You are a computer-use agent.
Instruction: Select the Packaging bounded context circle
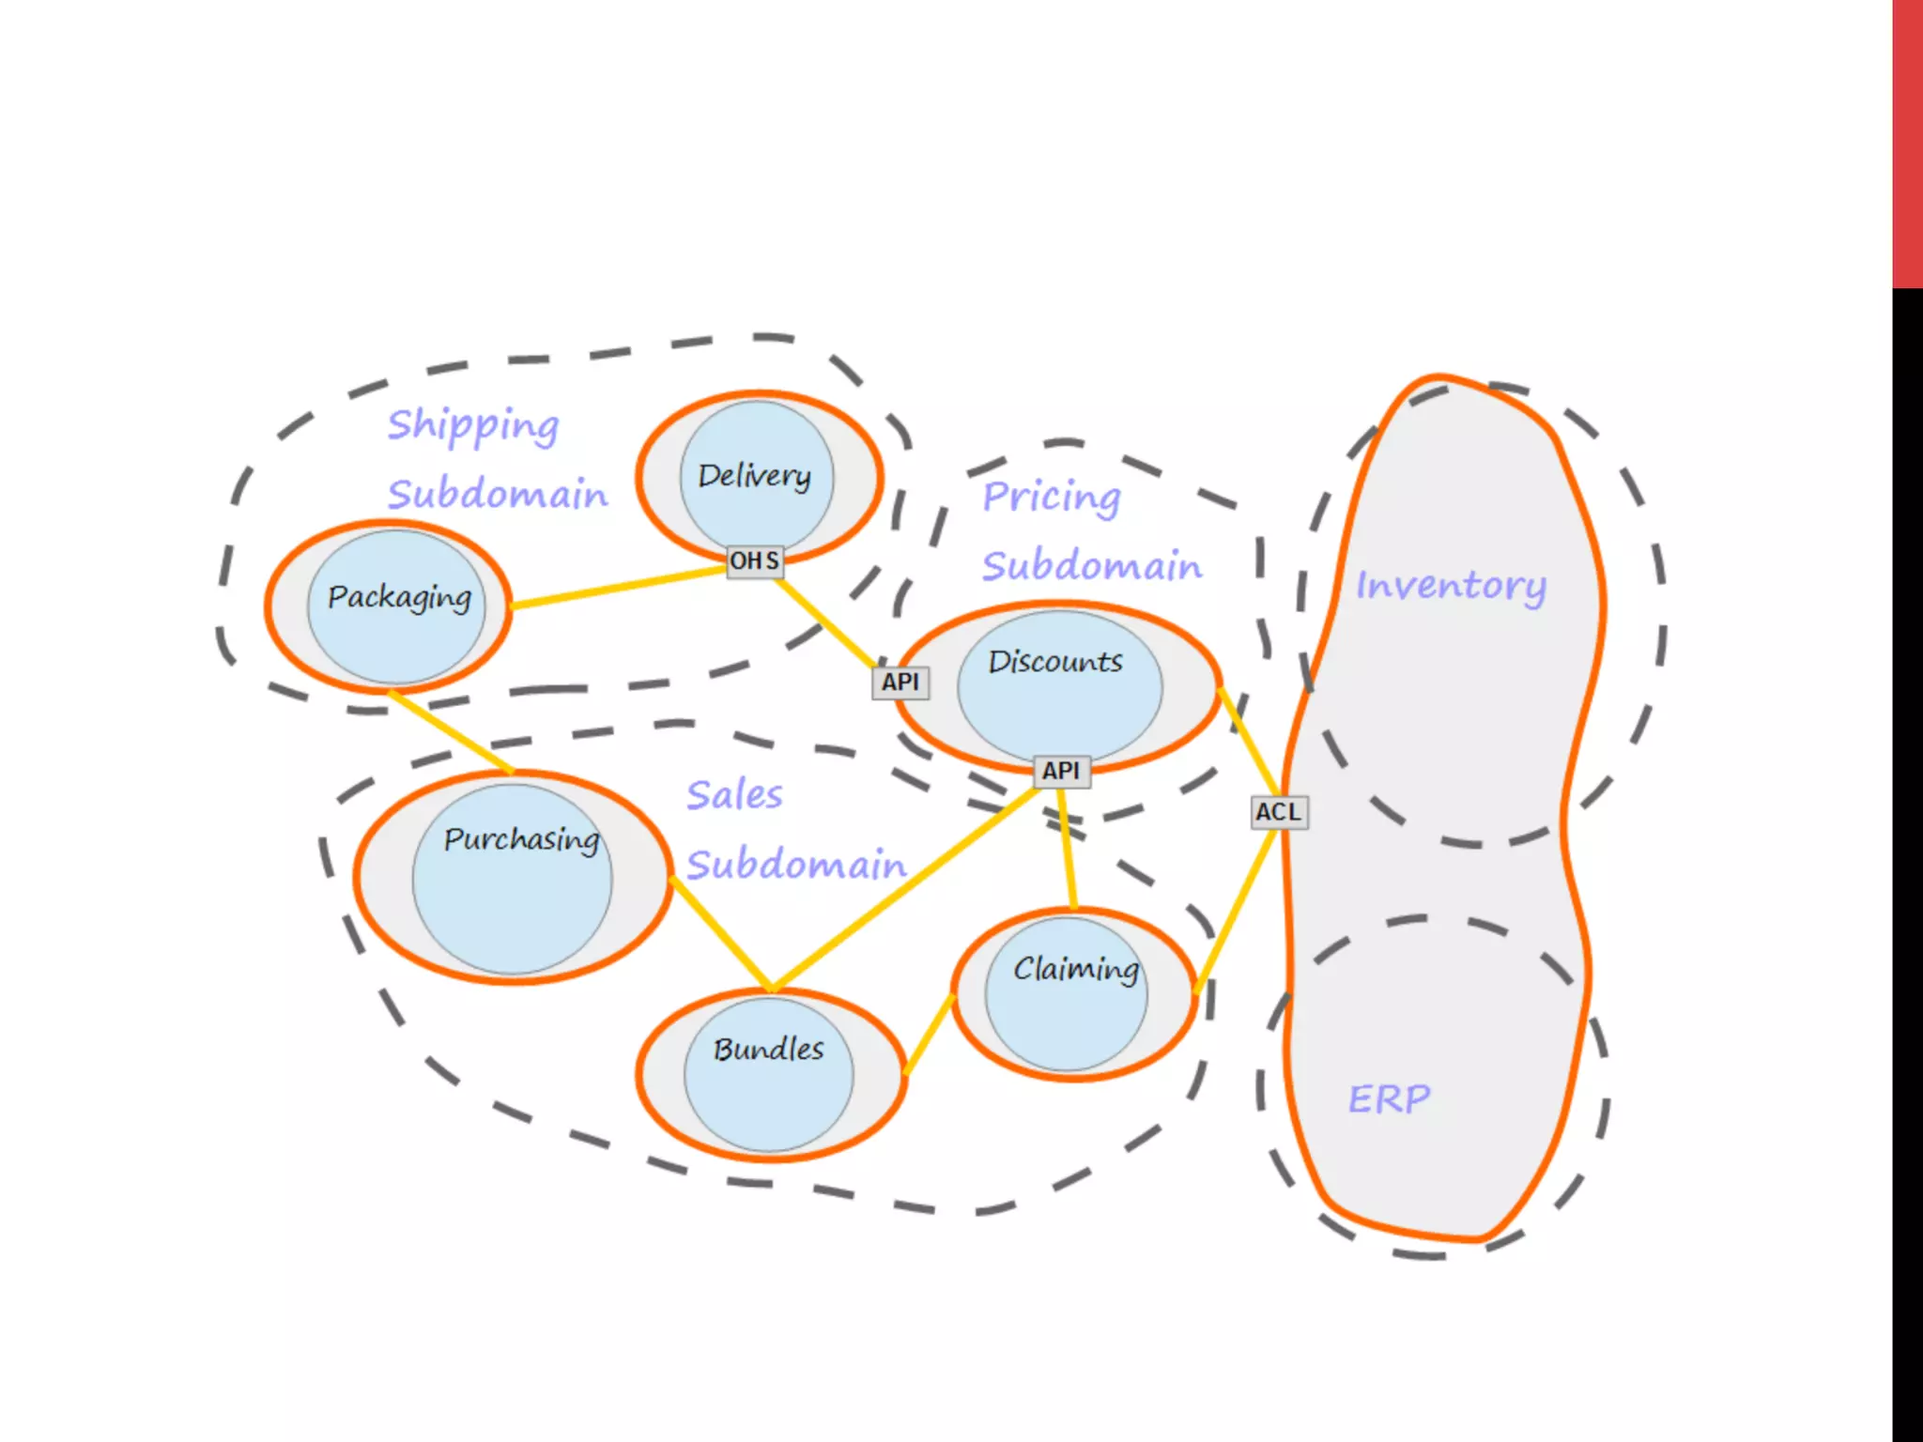(x=397, y=606)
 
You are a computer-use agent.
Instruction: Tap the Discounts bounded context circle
(x=1059, y=685)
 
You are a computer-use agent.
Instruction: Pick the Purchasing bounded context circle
(x=512, y=878)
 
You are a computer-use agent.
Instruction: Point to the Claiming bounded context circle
(x=1067, y=993)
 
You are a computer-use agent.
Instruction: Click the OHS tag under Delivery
(x=755, y=561)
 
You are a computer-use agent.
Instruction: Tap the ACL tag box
(x=1279, y=812)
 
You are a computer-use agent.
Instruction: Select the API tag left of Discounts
(x=900, y=683)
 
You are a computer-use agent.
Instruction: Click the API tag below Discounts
(x=1061, y=771)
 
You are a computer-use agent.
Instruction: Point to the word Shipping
(x=473, y=426)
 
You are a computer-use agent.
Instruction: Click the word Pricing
(x=1052, y=498)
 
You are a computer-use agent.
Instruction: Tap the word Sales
(x=734, y=796)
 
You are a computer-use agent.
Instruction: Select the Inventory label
(x=1451, y=586)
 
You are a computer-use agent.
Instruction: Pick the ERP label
(x=1390, y=1098)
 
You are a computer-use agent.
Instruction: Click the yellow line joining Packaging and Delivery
(x=620, y=588)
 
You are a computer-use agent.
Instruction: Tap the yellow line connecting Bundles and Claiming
(x=930, y=1034)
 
